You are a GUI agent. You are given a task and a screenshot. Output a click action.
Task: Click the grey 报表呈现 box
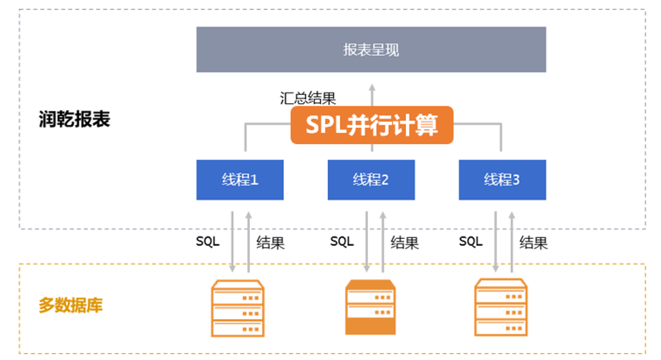pos(371,49)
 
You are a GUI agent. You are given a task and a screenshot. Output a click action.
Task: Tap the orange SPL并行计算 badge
pos(371,125)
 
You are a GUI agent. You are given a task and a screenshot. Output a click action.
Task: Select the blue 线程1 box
pos(240,180)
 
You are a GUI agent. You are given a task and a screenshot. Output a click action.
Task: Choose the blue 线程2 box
pos(371,180)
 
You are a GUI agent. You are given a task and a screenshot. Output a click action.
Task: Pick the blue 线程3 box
pos(502,180)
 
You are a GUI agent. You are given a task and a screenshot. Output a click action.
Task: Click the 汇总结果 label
pos(307,98)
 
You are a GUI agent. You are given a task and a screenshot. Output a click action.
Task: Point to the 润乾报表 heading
pos(74,119)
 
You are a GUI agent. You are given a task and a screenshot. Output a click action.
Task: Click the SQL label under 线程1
pos(208,241)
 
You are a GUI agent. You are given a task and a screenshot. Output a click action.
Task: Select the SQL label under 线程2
pos(342,241)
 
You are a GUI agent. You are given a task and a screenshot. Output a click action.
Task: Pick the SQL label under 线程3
pos(471,241)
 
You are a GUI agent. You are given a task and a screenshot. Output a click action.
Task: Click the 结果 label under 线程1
pos(270,243)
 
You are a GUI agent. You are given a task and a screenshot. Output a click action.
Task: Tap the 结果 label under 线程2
pos(405,243)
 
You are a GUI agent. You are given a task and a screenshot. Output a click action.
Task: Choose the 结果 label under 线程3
pos(534,243)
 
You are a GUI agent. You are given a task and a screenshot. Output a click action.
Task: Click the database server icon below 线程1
pos(238,308)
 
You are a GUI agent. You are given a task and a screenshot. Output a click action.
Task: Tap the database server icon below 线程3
pos(501,307)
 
